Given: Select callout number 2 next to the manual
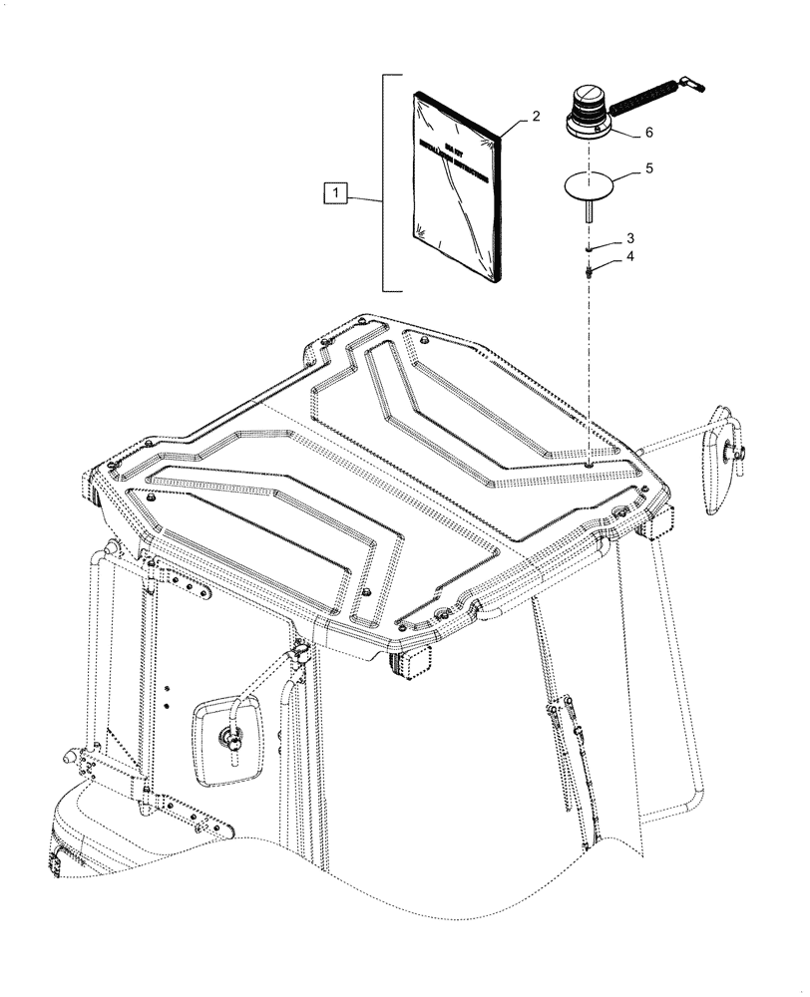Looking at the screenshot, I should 536,117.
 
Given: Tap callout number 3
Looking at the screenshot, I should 630,238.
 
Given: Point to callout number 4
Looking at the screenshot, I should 630,258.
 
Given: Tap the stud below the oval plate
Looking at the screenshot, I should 591,212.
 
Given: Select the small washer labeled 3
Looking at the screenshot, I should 591,250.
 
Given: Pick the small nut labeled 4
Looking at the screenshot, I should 591,268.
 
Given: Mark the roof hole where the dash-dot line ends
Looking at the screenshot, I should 591,463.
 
